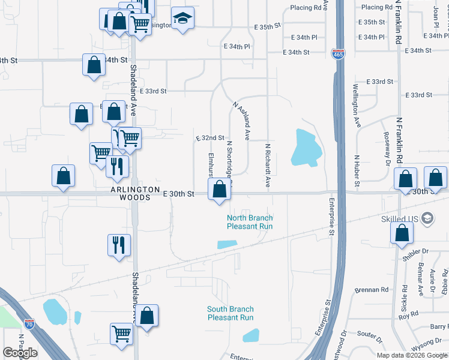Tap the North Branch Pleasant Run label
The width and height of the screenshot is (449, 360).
(x=250, y=222)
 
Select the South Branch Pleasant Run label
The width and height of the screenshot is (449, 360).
(x=230, y=313)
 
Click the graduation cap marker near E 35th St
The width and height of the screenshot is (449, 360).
(x=182, y=18)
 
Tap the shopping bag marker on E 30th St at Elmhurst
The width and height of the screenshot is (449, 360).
(x=219, y=191)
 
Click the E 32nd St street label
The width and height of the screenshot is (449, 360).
(x=210, y=138)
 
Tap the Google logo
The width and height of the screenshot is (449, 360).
(x=20, y=352)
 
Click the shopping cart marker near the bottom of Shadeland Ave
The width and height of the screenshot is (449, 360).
(x=122, y=333)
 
